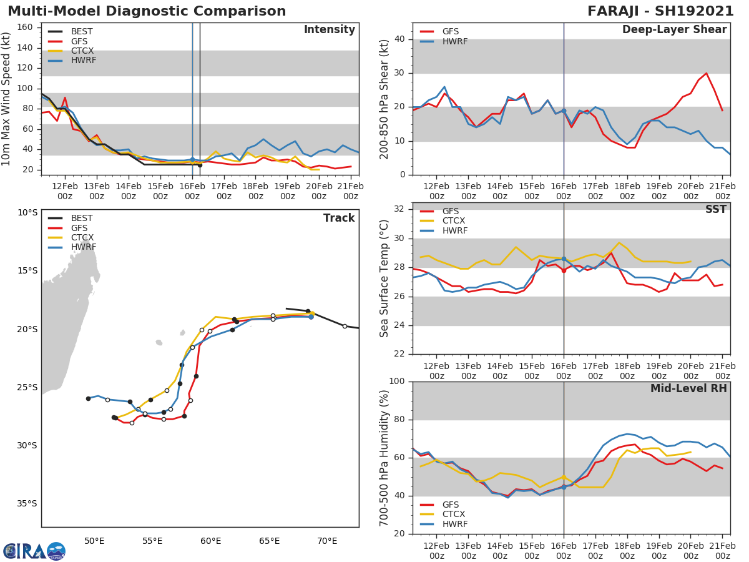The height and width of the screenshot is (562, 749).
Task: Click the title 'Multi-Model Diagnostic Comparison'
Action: point(147,11)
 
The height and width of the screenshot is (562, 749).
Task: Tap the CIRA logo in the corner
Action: point(34,551)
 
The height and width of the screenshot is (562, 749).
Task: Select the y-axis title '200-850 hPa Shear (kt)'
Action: point(385,99)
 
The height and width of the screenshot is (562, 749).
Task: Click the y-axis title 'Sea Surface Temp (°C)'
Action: point(385,279)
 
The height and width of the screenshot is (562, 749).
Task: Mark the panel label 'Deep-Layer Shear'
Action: point(674,30)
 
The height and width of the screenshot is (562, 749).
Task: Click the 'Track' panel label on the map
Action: point(338,218)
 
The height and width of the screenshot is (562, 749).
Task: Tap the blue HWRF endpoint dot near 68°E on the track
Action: point(311,317)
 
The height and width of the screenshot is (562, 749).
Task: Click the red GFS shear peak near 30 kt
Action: point(706,73)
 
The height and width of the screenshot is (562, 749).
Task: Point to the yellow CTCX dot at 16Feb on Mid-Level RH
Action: point(564,477)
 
